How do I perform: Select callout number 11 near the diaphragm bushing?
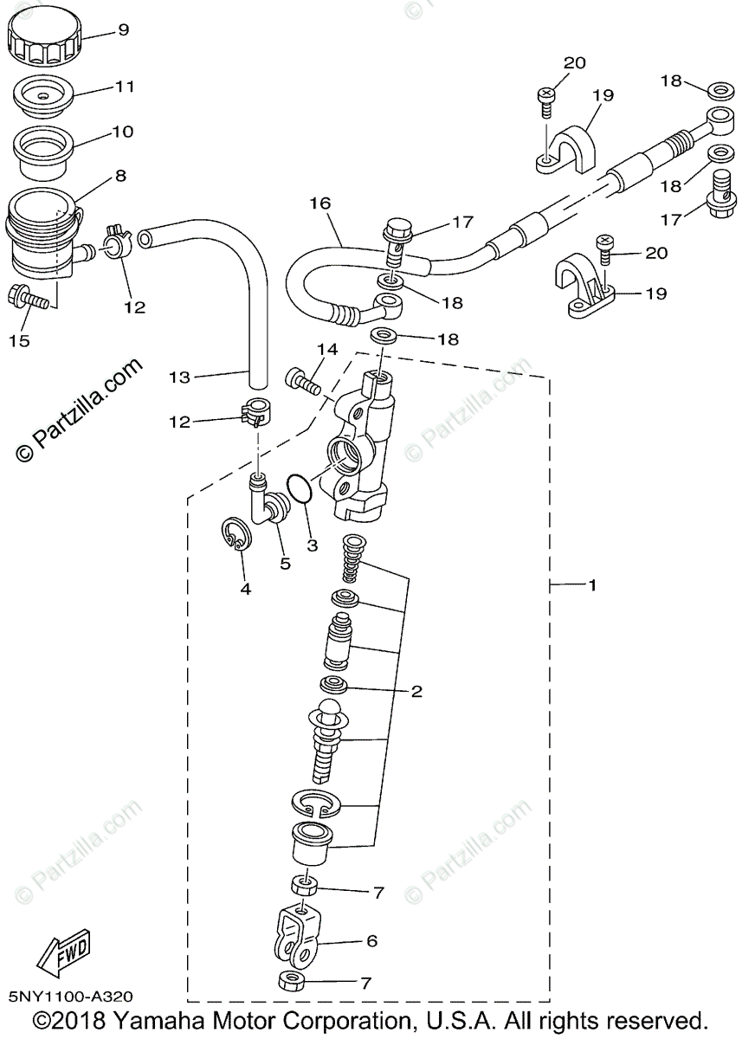pos(125,87)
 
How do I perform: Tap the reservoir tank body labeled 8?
pos(39,234)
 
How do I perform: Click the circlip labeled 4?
pos(234,534)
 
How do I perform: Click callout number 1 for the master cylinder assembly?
pos(591,585)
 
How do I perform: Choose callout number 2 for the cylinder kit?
pos(416,691)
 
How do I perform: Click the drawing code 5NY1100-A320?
pos(73,998)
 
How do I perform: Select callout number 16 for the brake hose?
pos(320,203)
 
